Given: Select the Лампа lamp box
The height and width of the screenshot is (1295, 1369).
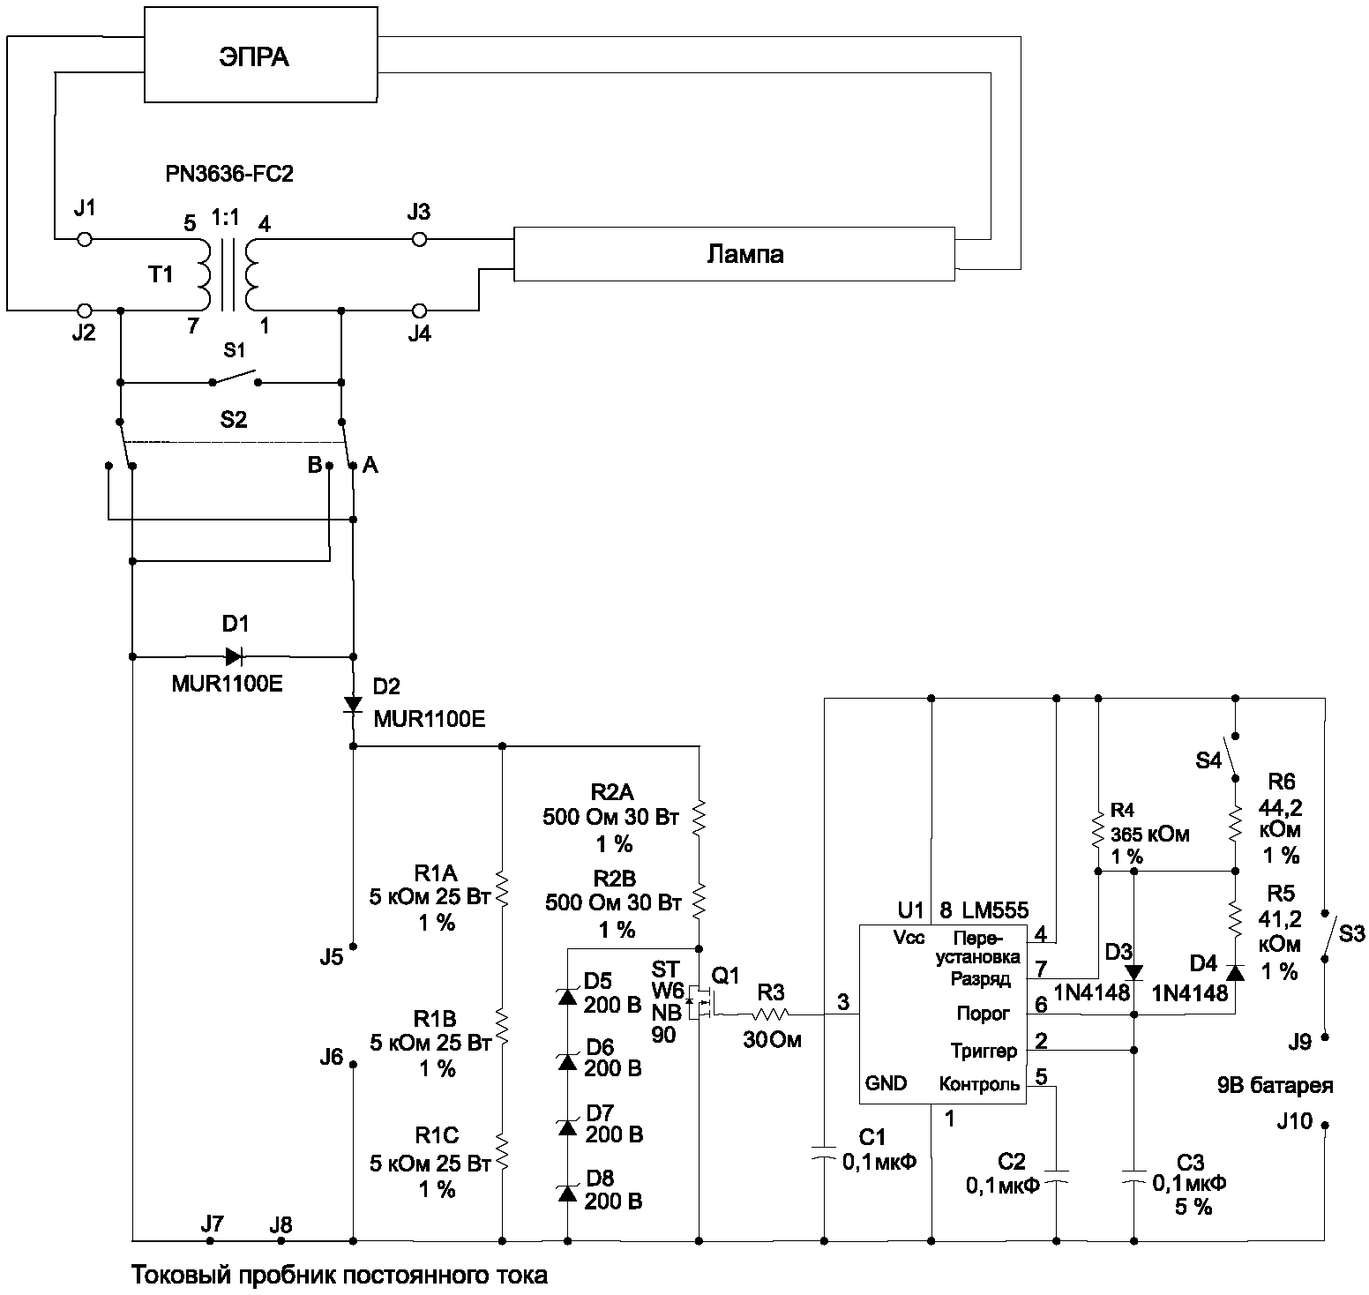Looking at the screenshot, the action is click(734, 254).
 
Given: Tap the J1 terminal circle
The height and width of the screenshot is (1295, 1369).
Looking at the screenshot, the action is click(85, 239).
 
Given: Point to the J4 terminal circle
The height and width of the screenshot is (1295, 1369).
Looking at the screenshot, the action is click(420, 311).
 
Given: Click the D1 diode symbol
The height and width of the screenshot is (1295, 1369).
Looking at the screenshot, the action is click(234, 656).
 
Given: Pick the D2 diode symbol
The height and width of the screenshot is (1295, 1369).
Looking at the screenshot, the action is click(353, 704).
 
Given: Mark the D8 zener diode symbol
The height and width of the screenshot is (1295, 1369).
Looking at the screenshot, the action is click(567, 1193).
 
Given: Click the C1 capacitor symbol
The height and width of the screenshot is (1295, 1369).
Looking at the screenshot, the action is click(823, 1154).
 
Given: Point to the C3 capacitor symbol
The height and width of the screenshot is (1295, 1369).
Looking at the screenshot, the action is click(1134, 1176).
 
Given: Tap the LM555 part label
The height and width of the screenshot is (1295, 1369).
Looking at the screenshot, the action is click(995, 909).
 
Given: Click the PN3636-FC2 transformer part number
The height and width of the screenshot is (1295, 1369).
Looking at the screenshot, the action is click(229, 175).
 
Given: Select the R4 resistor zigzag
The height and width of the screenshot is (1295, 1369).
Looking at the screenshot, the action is click(1098, 829).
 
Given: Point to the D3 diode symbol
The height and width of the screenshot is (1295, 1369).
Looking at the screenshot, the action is click(1134, 973).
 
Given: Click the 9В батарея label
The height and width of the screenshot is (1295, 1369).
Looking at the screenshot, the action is click(1275, 1086).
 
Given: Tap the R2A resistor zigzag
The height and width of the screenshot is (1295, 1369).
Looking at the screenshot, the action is click(699, 817).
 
